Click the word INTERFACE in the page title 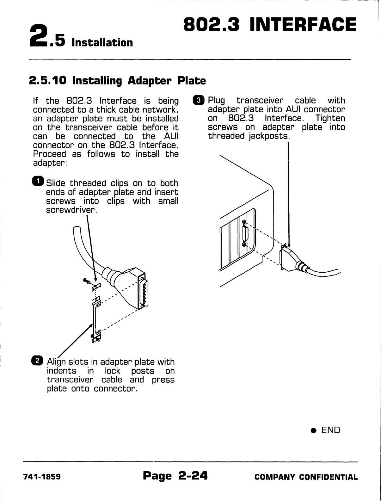click(x=303, y=25)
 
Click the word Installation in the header click(x=102, y=42)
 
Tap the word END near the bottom click(x=331, y=430)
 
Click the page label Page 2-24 click(x=175, y=476)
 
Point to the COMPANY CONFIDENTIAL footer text click(x=306, y=477)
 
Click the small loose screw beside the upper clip click(x=87, y=281)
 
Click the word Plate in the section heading click(x=191, y=81)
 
